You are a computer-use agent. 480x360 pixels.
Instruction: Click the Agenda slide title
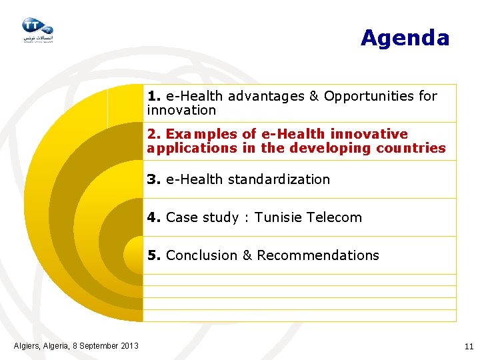pyautogui.click(x=405, y=38)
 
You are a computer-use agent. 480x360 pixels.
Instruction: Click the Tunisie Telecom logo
pyautogui.click(x=37, y=29)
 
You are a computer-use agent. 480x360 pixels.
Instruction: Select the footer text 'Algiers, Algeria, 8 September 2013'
pyautogui.click(x=76, y=345)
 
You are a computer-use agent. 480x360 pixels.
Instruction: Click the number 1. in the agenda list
pyautogui.click(x=155, y=96)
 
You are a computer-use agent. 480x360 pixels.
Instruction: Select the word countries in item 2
pyautogui.click(x=411, y=148)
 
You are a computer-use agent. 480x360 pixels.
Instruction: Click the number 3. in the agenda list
pyautogui.click(x=155, y=179)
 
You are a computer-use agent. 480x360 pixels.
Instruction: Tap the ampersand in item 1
pyautogui.click(x=314, y=96)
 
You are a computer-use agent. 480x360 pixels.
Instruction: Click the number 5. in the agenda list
pyautogui.click(x=155, y=255)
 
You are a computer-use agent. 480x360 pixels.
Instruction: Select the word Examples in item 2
pyautogui.click(x=195, y=134)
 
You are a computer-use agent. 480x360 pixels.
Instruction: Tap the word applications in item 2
pyautogui.click(x=191, y=148)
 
